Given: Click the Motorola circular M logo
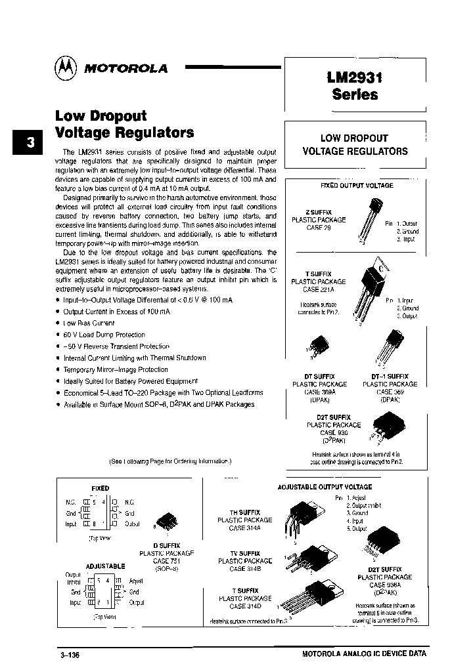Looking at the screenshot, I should pos(66,67).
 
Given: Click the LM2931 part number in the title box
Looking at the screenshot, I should pos(355,77).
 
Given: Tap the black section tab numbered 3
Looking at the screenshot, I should pos(27,143).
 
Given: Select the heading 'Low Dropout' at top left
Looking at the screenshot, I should pos(101,115).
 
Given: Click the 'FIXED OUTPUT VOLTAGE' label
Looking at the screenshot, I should pos(356,186).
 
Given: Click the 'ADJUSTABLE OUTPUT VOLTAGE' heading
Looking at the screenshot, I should pos(325,487).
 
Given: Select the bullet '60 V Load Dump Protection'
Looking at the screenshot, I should pos(104,335).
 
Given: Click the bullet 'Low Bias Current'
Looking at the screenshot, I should pos(89,323).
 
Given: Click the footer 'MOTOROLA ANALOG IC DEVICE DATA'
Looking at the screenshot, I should pos(364,654).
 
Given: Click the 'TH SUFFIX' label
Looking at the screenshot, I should pos(245,512).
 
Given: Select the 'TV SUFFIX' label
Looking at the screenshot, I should pos(245,553).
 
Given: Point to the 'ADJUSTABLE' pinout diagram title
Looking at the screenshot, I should pos(105,566).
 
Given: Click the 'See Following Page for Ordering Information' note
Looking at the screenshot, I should pos(170,461).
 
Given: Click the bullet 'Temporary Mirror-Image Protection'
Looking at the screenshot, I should pos(116,369).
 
